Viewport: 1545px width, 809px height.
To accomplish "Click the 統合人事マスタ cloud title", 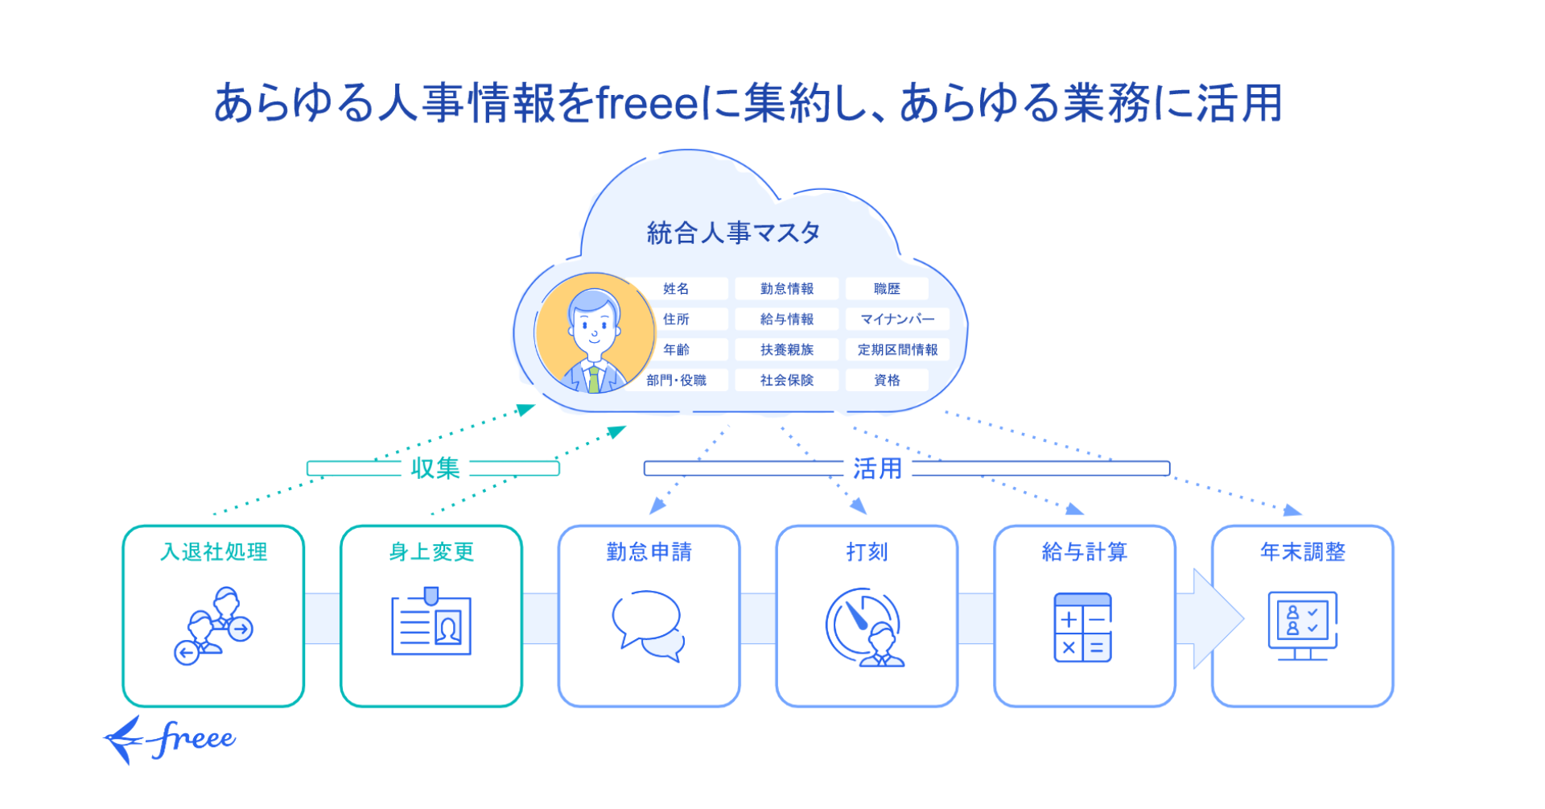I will point(733,233).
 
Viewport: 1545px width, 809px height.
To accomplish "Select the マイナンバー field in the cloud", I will point(897,320).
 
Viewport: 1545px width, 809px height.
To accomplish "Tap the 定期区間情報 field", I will point(897,350).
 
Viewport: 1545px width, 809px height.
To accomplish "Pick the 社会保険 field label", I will point(786,381).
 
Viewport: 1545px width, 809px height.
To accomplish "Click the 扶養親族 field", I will point(786,350).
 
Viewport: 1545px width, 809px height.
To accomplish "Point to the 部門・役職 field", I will point(676,381).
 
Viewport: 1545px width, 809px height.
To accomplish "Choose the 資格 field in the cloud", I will point(887,381).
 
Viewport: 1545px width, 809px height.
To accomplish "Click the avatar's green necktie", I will point(594,379).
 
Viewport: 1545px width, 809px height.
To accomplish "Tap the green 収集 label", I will point(435,468).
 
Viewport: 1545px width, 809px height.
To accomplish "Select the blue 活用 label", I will point(877,468).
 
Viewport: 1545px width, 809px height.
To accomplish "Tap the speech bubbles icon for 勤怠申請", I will point(649,625).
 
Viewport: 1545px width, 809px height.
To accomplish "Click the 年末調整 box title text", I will point(1302,552).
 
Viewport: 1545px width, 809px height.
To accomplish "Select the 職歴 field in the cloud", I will point(887,289).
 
